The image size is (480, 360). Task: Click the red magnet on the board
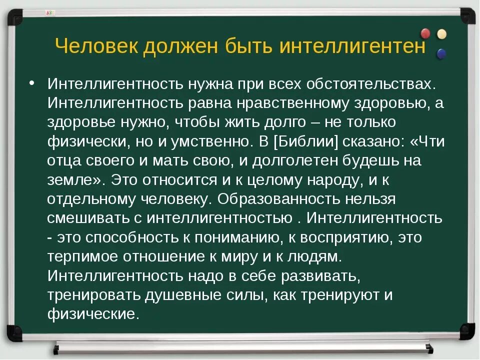pyautogui.click(x=425, y=33)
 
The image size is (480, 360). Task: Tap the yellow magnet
pyautogui.click(x=441, y=34)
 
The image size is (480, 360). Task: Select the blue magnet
pyautogui.click(x=441, y=52)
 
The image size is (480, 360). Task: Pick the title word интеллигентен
pyautogui.click(x=352, y=47)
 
